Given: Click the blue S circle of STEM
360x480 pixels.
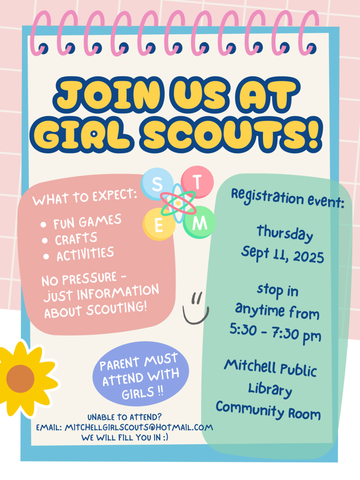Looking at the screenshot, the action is pos(157,184).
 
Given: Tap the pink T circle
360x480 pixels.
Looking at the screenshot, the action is pos(197,182).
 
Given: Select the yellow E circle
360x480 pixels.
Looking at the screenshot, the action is pos(159,225).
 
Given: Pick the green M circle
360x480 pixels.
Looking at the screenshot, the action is pos(199,222).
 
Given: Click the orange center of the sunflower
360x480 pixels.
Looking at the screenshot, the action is pos(20,379).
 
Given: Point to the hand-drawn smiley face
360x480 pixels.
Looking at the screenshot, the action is pos(195,309).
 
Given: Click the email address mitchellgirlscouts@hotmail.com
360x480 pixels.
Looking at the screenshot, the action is pos(139,427).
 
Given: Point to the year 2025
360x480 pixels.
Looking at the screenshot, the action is pos(308,256).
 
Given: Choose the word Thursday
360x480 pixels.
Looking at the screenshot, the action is pos(285,233).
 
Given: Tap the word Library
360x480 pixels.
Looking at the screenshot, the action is pos(270,390).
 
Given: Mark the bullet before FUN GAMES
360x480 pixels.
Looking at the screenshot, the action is pos(43,225).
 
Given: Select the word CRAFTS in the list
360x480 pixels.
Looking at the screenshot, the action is pos(76,239).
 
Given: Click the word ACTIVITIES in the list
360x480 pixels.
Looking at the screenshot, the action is pos(85,254).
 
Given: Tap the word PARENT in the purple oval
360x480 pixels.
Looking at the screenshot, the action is pos(120,364).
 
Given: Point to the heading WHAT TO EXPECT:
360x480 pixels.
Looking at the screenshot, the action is pos(85,196).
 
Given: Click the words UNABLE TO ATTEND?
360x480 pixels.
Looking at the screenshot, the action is pos(125,417).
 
